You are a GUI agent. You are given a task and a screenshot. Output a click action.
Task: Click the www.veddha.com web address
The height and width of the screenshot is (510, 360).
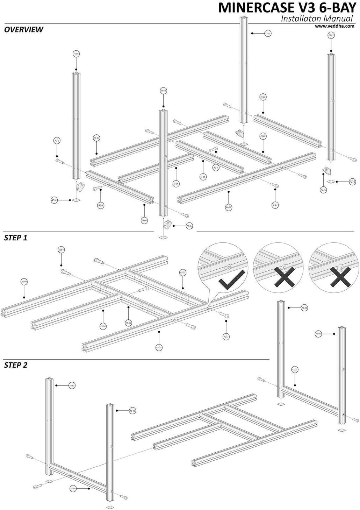[334, 26]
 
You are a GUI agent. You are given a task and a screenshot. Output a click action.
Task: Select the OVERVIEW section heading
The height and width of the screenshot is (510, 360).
[23, 30]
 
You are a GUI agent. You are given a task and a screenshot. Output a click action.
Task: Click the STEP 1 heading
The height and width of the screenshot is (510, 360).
[16, 238]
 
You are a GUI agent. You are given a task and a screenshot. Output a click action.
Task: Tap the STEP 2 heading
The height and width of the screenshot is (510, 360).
[16, 366]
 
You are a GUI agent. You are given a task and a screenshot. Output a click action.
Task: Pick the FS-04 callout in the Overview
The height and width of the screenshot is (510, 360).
[144, 220]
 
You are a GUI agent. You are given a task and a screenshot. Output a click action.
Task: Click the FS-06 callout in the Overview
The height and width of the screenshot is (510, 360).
[176, 184]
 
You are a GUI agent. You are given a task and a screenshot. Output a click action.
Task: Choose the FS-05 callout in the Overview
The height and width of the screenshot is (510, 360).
[203, 177]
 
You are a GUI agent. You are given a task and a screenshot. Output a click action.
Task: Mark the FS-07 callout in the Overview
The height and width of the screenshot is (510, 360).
[228, 207]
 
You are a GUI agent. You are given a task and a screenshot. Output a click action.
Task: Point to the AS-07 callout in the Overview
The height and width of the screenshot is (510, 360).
[96, 138]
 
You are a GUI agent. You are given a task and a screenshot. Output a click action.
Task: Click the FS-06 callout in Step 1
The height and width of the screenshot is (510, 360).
[103, 326]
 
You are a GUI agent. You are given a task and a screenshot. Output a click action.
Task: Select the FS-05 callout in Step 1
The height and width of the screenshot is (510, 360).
[129, 323]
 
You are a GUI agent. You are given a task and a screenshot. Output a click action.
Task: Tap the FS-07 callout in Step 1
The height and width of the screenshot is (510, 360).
[159, 348]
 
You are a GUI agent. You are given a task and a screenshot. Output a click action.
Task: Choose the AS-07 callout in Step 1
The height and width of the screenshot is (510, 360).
[24, 282]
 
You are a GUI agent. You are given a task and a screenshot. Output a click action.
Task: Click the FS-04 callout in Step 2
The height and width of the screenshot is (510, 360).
[73, 489]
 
